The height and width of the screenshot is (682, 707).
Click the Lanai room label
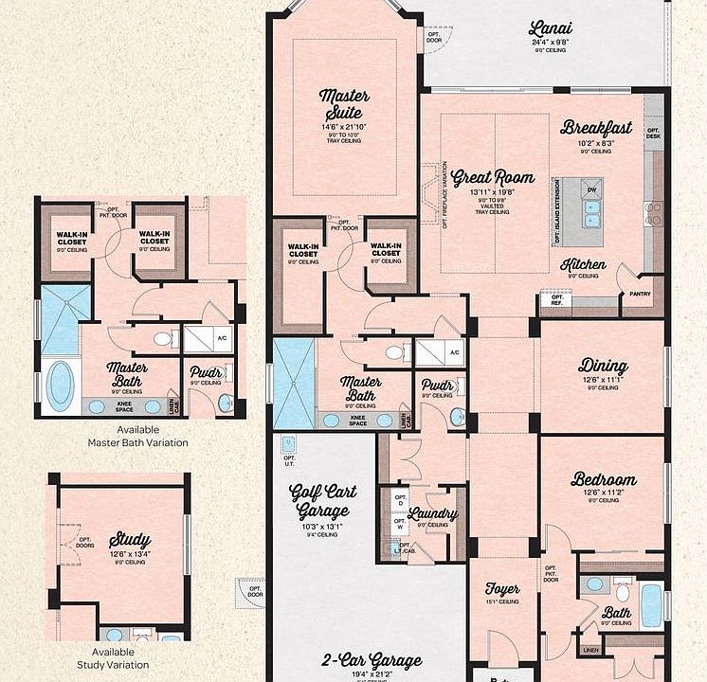551,28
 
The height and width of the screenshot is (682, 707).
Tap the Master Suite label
344,106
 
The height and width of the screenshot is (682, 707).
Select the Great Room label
492,177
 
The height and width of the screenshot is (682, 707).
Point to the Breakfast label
595,127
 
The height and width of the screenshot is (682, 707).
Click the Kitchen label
583,265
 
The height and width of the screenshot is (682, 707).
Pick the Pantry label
640,295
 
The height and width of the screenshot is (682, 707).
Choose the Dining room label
603,366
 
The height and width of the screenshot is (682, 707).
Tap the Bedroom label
603,479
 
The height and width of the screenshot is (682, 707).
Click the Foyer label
502,588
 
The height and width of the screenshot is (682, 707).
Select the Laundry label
432,514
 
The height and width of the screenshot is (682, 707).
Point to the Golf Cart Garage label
322,500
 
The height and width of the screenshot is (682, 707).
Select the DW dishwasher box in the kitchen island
591,189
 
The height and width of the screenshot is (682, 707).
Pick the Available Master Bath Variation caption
137,436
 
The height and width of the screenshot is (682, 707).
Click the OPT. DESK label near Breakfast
653,134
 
